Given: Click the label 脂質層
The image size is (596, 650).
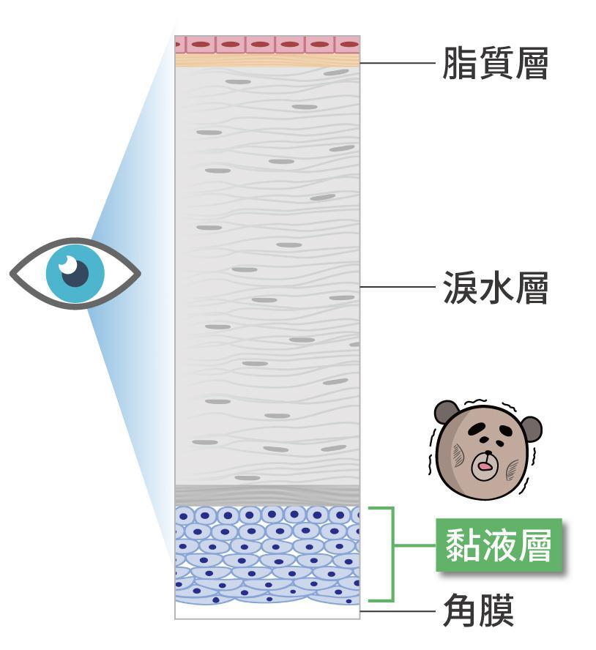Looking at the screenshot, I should [x=495, y=64].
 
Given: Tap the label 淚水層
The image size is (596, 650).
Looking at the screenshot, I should [x=495, y=288].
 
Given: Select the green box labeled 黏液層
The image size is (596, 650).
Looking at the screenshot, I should [x=499, y=545].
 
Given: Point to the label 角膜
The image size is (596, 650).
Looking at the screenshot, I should [x=478, y=611].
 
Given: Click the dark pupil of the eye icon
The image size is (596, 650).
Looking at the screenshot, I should [x=74, y=273].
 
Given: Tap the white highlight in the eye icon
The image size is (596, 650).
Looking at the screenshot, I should [x=67, y=262].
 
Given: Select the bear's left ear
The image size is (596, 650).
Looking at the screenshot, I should [x=446, y=411].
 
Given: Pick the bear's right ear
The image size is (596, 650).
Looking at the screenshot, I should [x=529, y=427].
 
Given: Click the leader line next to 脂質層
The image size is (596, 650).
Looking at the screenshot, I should [x=399, y=64].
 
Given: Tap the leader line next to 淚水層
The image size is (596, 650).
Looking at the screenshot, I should [x=399, y=287].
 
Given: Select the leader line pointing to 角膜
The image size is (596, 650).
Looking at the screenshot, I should [x=399, y=611].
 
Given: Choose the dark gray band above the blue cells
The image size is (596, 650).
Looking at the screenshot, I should [x=267, y=494].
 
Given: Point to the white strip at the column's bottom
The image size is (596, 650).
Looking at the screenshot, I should [x=267, y=612].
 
